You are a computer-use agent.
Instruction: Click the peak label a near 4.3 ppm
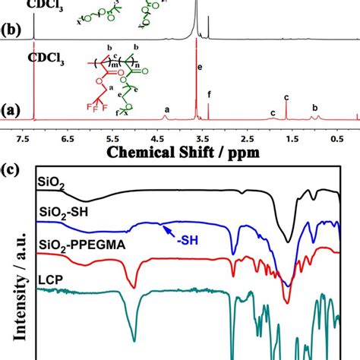(x=166, y=109)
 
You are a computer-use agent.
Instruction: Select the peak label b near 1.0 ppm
(x=314, y=107)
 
